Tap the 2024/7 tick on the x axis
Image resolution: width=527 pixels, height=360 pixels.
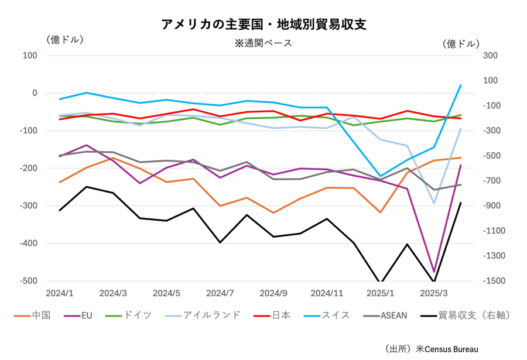coord(221,292)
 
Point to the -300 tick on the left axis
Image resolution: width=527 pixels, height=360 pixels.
coord(28,206)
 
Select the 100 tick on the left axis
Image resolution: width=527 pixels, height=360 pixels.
coord(30,56)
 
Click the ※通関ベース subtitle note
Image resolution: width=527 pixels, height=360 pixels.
coord(263,43)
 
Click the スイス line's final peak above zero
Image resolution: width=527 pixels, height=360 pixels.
coord(461,85)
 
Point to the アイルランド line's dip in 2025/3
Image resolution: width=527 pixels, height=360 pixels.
coord(434,203)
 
